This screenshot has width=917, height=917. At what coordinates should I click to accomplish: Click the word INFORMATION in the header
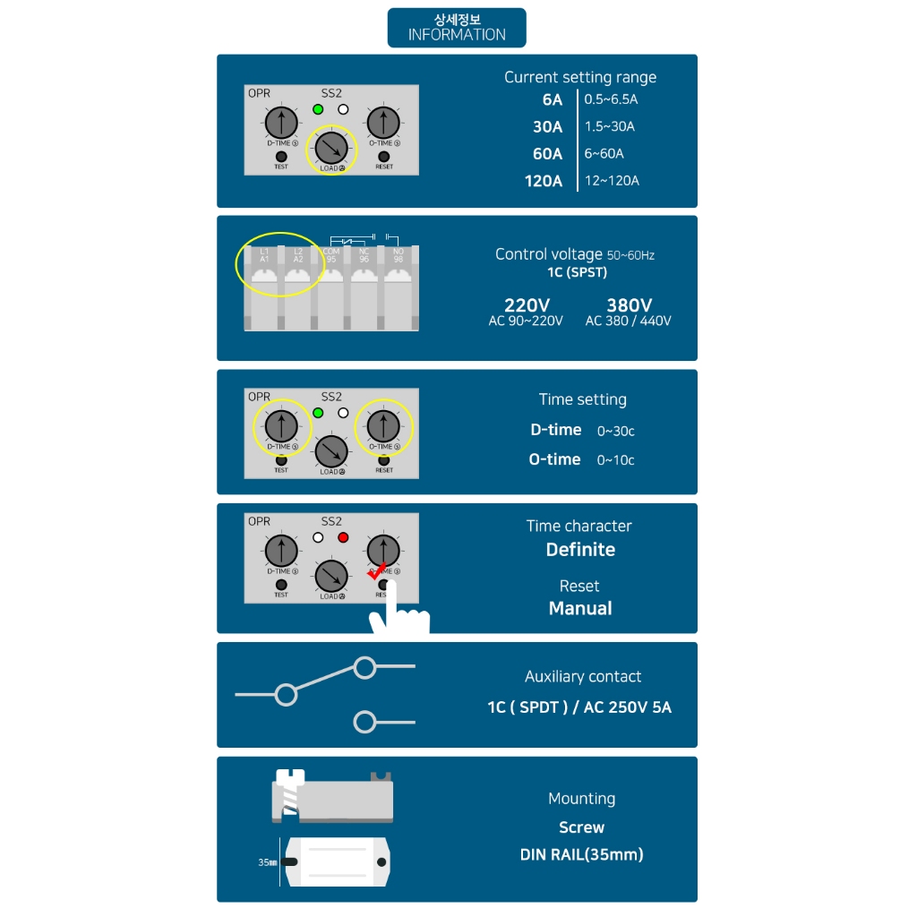457,35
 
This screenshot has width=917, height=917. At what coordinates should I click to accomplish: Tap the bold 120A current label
544,181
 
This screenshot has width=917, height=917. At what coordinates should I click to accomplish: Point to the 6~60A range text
604,153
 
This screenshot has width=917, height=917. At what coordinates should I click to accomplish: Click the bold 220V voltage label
527,305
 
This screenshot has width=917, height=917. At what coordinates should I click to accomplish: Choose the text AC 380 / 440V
628,321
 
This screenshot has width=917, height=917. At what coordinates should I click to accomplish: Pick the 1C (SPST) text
578,272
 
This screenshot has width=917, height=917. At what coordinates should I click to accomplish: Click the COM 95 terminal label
331,255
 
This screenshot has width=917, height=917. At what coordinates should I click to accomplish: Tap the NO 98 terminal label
398,255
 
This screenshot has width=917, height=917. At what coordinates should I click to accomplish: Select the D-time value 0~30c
616,432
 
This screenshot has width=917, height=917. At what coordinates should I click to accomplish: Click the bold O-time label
554,459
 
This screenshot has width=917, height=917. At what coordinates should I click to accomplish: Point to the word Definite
580,550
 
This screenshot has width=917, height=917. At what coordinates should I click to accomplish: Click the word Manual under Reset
580,609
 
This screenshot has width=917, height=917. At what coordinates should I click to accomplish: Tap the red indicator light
342,538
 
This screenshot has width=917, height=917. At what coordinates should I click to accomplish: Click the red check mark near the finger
378,570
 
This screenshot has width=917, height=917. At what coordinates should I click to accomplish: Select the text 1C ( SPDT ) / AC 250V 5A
579,707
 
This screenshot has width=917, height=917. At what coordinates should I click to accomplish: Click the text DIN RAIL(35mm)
581,854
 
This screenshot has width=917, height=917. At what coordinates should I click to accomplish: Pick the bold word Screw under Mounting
581,827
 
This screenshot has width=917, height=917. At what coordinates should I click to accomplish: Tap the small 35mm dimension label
267,862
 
